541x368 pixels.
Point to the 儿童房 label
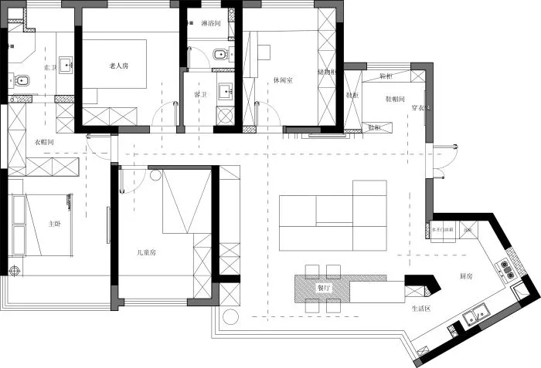(146, 252)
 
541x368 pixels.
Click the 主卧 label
(54, 224)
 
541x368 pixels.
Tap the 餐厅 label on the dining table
(323, 287)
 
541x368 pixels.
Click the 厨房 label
(466, 275)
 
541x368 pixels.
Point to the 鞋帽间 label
(396, 99)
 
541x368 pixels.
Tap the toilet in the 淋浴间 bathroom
(220, 53)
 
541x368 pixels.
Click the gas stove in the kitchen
(509, 268)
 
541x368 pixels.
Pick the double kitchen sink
(473, 316)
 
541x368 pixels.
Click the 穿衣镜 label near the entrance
(419, 107)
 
